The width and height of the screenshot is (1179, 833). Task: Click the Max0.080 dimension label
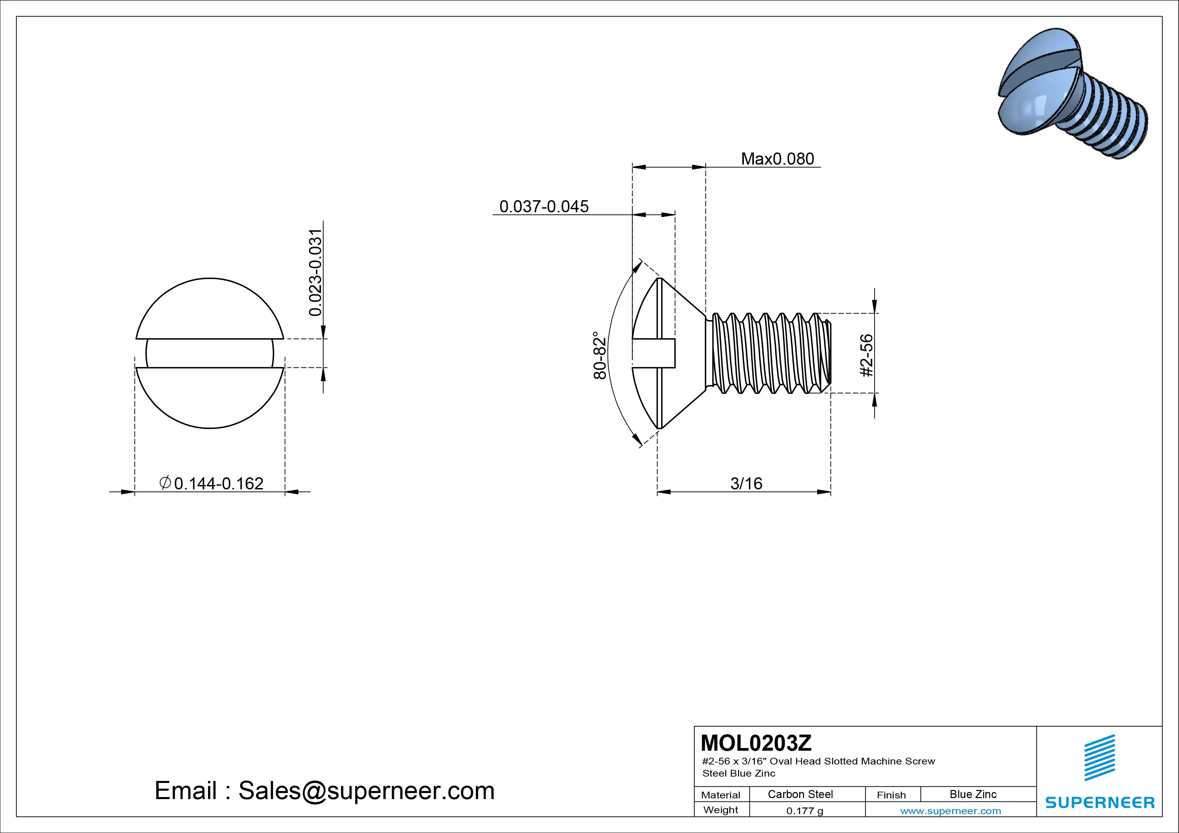tap(777, 159)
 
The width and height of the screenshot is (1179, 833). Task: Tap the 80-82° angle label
tap(600, 355)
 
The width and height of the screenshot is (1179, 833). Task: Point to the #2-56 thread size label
tap(866, 355)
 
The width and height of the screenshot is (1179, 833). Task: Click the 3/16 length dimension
tap(746, 483)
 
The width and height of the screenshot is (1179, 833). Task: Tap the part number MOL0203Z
tap(756, 743)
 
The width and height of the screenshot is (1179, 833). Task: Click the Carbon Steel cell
tap(800, 794)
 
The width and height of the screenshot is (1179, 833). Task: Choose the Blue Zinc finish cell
tap(973, 794)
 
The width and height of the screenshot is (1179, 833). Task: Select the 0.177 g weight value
tap(805, 811)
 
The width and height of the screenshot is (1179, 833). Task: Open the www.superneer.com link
tap(950, 811)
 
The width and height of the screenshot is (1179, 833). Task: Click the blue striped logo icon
tap(1099, 757)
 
